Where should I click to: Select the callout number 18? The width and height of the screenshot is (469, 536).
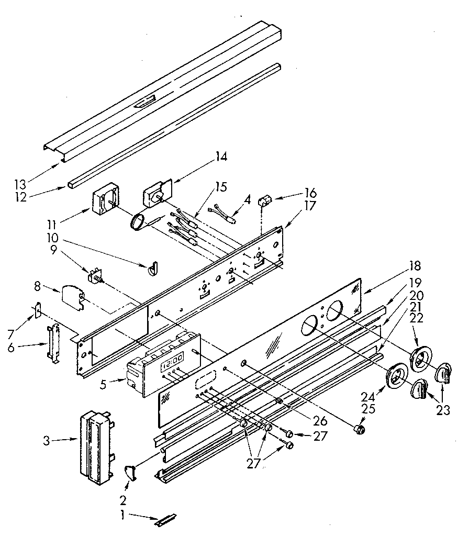(x=416, y=265)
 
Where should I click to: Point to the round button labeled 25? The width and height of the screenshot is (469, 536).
(x=359, y=430)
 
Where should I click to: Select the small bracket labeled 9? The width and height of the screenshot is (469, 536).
(x=95, y=276)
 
